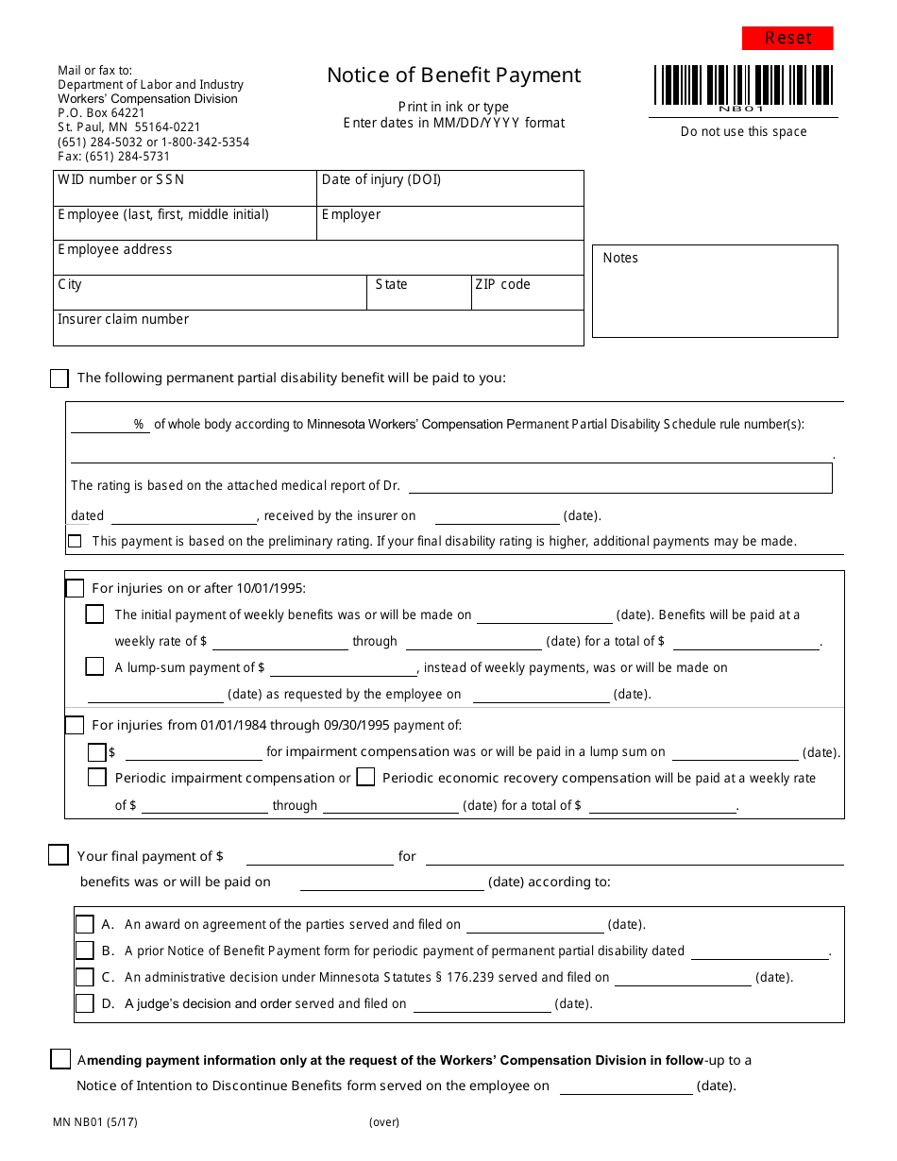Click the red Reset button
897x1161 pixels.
click(787, 38)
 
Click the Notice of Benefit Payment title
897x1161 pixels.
click(454, 76)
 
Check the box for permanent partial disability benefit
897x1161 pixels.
click(59, 379)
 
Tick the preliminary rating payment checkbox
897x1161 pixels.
click(75, 542)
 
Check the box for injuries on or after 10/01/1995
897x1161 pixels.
click(76, 589)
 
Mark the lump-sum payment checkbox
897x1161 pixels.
click(95, 667)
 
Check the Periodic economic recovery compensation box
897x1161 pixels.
click(365, 778)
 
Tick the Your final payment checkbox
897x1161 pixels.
click(59, 855)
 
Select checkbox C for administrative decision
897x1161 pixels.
click(85, 978)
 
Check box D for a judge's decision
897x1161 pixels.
click(85, 1003)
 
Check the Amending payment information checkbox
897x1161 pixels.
click(60, 1059)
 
